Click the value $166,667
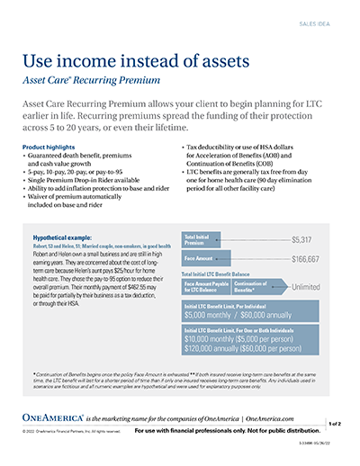point(304,260)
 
